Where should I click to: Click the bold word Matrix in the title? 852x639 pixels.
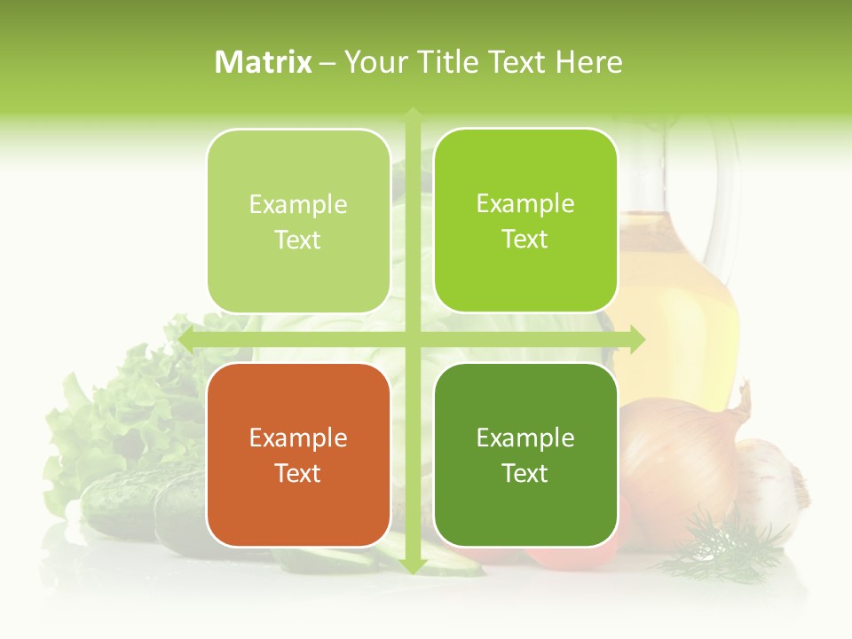pos(264,62)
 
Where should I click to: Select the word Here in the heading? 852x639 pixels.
pos(588,62)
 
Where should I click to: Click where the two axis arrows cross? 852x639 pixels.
pos(412,340)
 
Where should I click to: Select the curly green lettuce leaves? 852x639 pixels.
pos(124,417)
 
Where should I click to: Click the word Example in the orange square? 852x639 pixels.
pos(298,438)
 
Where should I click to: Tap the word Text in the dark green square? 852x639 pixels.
pos(525,473)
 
